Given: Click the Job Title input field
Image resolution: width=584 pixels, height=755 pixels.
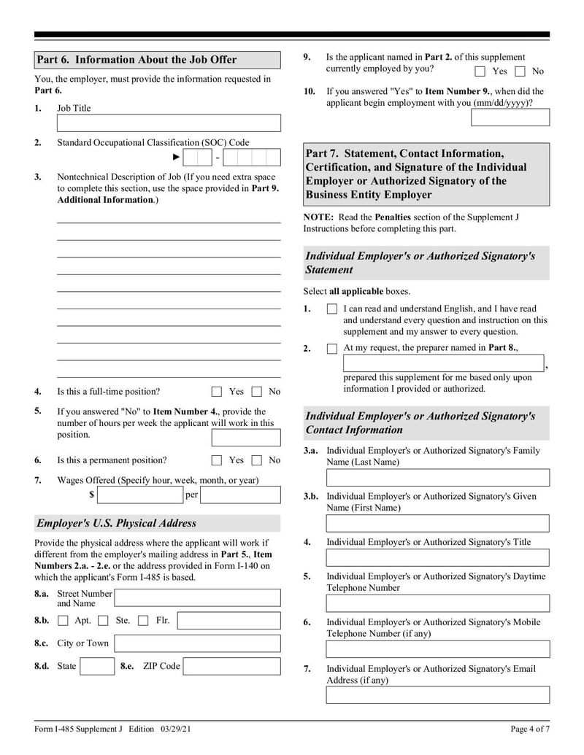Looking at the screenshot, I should (169, 123).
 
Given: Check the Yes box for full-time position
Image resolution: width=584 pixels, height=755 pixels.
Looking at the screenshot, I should (217, 392).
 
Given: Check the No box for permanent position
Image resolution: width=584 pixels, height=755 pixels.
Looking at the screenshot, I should (257, 460).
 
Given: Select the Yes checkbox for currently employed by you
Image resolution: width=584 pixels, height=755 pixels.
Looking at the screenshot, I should (480, 71).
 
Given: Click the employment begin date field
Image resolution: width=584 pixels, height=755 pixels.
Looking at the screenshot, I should (510, 117).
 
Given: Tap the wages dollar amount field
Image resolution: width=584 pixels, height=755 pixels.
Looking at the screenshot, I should (139, 495).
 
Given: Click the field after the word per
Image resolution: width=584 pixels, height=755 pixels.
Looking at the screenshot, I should (240, 495).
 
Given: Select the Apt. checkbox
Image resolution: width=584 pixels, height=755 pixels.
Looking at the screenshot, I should (63, 621).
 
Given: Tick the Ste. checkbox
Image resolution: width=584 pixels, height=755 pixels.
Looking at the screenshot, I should (103, 621).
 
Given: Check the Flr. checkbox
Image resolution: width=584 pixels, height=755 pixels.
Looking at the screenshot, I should (143, 621).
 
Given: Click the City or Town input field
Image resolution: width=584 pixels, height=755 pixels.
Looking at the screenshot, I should (197, 643).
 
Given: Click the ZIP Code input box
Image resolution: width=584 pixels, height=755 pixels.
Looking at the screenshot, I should (231, 666).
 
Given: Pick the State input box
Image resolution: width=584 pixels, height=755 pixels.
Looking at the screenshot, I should (97, 666).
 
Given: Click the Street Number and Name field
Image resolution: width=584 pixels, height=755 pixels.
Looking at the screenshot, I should (197, 598).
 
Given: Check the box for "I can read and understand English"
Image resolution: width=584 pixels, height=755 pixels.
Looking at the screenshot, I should (332, 309).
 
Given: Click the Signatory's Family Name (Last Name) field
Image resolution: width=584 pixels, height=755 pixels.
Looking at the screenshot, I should (438, 478).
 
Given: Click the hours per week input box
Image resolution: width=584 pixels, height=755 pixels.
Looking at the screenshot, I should (246, 438).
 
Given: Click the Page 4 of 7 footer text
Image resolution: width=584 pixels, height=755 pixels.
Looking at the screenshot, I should (529, 729).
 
